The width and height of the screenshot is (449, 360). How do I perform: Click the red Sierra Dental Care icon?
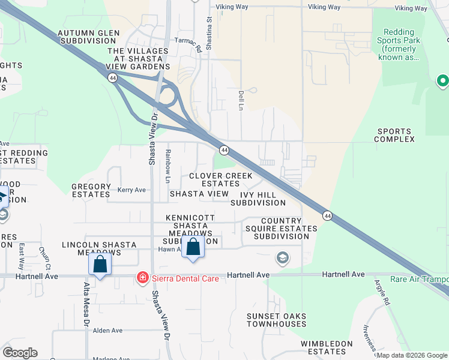(x=143, y=277)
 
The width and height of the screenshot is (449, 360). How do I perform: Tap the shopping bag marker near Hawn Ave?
(x=193, y=247)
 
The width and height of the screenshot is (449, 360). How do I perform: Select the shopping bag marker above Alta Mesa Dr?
(x=100, y=264)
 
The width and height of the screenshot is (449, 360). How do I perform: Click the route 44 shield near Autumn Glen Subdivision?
(x=112, y=78)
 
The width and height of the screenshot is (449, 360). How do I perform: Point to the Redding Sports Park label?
(x=399, y=45)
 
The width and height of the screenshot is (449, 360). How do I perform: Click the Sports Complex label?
(x=394, y=135)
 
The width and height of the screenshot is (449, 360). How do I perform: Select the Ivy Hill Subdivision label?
(x=258, y=199)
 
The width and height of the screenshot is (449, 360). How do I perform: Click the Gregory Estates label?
(x=91, y=190)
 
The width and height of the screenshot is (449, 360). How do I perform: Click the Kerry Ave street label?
(x=131, y=190)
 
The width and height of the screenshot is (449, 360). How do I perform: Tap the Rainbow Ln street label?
(x=169, y=166)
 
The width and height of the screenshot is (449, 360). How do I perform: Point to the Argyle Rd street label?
(x=382, y=293)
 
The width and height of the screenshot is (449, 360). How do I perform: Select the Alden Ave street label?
(x=107, y=331)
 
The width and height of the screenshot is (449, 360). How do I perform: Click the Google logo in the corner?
(x=20, y=353)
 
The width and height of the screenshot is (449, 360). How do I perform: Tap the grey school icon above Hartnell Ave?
(x=282, y=258)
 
